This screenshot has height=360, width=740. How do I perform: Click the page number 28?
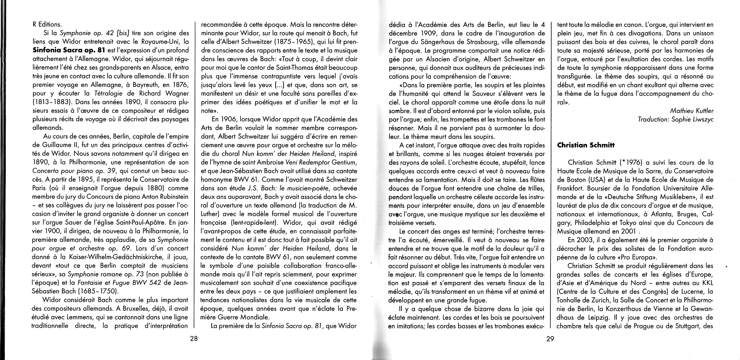[194, 338]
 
